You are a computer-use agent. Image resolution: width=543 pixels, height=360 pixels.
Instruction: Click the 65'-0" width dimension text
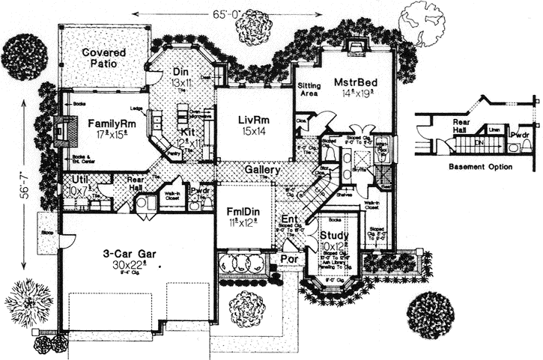[225, 13]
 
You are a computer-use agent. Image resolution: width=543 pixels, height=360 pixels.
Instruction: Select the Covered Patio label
[104, 58]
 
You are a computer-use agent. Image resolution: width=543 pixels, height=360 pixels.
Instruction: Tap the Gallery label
[261, 171]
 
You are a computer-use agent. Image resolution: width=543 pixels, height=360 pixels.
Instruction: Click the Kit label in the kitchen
[187, 132]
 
